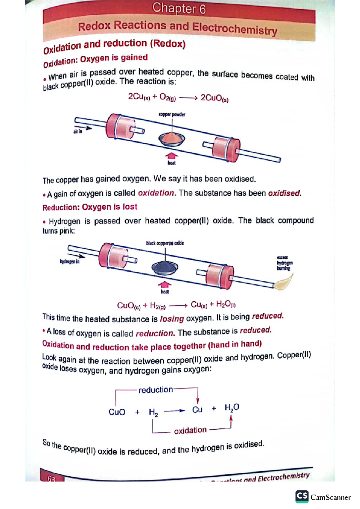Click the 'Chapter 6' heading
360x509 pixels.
pyautogui.click(x=179, y=8)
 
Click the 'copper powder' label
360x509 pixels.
pyautogui.click(x=172, y=115)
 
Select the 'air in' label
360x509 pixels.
pyautogui.click(x=78, y=131)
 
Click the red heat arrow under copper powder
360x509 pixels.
pyautogui.click(x=171, y=155)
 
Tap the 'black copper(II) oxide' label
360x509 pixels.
pyautogui.click(x=165, y=243)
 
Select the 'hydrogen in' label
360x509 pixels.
pyautogui.click(x=70, y=262)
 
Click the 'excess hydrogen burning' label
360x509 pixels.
pyautogui.click(x=284, y=263)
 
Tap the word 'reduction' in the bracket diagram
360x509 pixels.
pyautogui.click(x=155, y=390)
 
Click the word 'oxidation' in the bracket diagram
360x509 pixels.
pyautogui.click(x=190, y=430)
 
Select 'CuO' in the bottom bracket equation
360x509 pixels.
pyautogui.click(x=117, y=412)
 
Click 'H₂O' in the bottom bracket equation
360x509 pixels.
pyautogui.click(x=232, y=407)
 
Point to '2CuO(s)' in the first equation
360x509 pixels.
pyautogui.click(x=214, y=98)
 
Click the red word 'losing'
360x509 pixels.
pyautogui.click(x=172, y=319)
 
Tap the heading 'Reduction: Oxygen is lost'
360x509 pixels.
pyautogui.click(x=90, y=207)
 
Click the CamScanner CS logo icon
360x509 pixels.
pyautogui.click(x=302, y=496)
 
